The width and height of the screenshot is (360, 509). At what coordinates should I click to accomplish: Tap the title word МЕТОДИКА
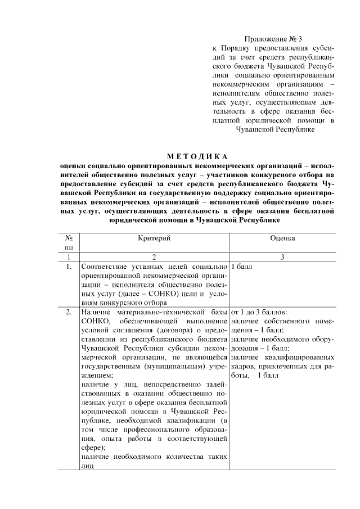[x=197, y=156]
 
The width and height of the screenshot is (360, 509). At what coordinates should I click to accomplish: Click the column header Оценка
[x=282, y=238]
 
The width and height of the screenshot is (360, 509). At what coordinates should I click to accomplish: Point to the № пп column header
[x=69, y=242]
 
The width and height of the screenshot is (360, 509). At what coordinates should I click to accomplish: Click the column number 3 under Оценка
[x=282, y=257]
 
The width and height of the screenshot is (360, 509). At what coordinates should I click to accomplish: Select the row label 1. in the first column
[x=69, y=267]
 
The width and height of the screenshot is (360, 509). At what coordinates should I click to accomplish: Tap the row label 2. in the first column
[x=69, y=311]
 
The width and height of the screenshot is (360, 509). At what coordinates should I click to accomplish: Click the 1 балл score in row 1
[x=241, y=267]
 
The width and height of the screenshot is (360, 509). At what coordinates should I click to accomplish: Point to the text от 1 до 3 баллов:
[x=259, y=311]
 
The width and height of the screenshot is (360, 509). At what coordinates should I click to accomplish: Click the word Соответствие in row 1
[x=106, y=267]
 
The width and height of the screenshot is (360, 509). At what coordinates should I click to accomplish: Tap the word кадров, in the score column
[x=244, y=365]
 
